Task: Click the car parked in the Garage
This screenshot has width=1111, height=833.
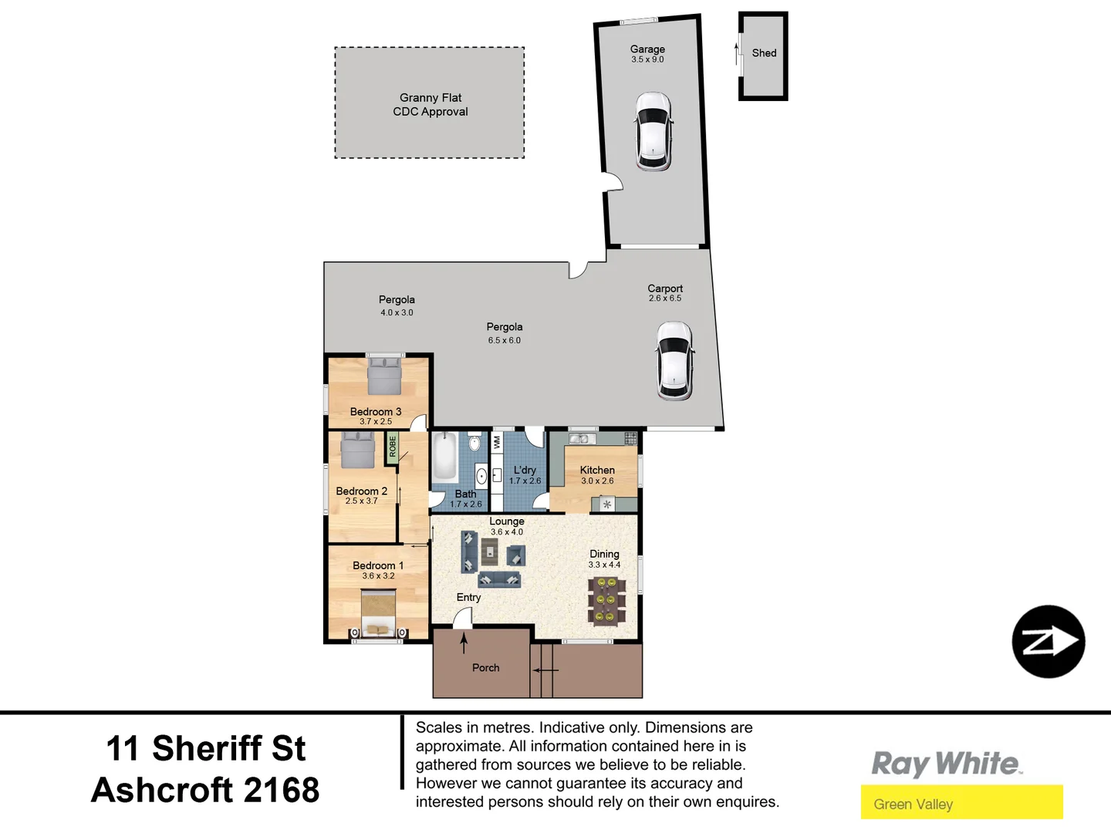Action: (653, 131)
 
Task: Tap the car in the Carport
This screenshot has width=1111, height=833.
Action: (674, 361)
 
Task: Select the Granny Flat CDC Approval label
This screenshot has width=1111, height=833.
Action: (430, 104)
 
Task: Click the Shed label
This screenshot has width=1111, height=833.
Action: (764, 53)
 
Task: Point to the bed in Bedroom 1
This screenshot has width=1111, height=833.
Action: (378, 613)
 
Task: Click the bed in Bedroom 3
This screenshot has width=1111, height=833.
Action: (384, 376)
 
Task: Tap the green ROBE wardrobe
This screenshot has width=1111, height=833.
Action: (392, 447)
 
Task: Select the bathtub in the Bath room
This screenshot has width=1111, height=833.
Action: (444, 457)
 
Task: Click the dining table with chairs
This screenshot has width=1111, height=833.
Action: (606, 600)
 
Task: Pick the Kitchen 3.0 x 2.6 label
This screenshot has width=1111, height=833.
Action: (597, 475)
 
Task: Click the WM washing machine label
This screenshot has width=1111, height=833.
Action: (496, 442)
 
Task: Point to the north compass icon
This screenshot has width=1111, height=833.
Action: (1049, 642)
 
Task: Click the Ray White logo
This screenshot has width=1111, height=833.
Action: (947, 764)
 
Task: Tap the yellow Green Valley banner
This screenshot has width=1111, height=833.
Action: (961, 803)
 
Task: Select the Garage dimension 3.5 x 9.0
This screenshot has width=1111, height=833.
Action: (647, 59)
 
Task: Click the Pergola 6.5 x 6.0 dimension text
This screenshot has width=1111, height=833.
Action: (504, 340)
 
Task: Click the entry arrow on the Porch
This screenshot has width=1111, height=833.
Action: (464, 642)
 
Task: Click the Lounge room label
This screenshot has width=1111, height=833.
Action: (506, 521)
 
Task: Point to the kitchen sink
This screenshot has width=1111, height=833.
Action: (579, 439)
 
